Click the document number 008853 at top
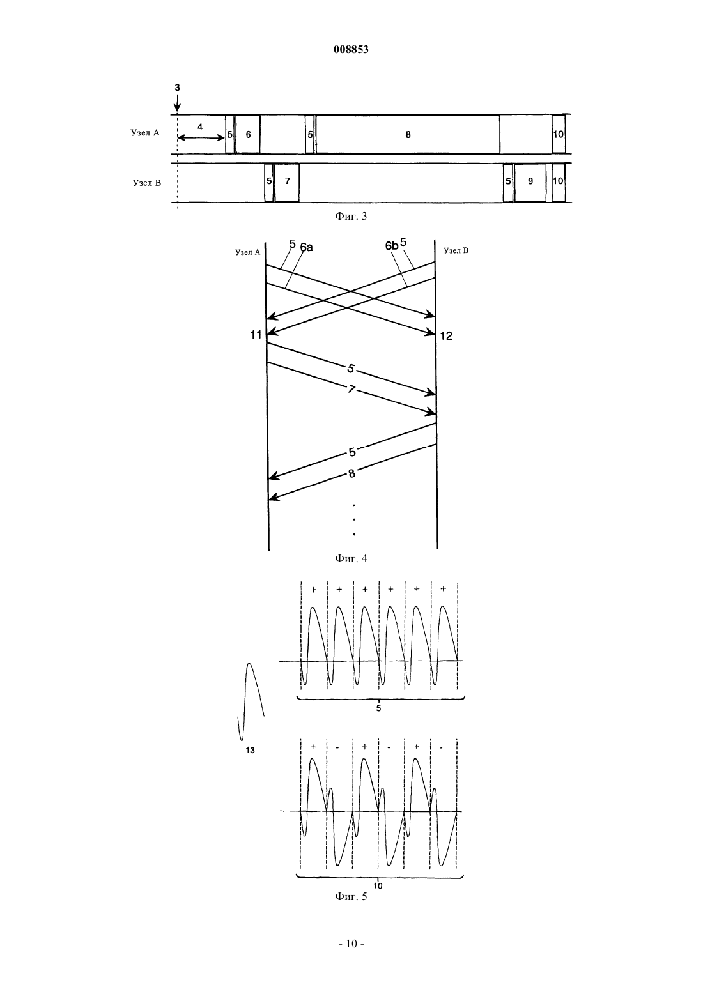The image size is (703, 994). [351, 50]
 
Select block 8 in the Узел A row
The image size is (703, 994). [408, 134]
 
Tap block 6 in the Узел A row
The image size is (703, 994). [248, 134]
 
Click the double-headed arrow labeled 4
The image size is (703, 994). [201, 138]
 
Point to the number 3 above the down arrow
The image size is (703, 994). [177, 88]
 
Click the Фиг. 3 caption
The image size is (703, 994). [351, 217]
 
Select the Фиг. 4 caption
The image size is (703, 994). [351, 558]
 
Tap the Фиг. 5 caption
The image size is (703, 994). [351, 896]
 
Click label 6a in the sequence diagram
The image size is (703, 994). [306, 247]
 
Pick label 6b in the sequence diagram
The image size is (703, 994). [391, 245]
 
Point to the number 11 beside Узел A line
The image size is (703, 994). [256, 335]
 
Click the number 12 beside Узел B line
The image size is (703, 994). [446, 336]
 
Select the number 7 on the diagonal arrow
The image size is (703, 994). [351, 390]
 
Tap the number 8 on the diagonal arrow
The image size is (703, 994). [351, 473]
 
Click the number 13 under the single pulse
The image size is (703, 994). [250, 751]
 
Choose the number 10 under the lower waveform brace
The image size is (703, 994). [378, 886]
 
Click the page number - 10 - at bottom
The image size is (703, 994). [351, 944]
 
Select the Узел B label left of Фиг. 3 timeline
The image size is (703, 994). [146, 183]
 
